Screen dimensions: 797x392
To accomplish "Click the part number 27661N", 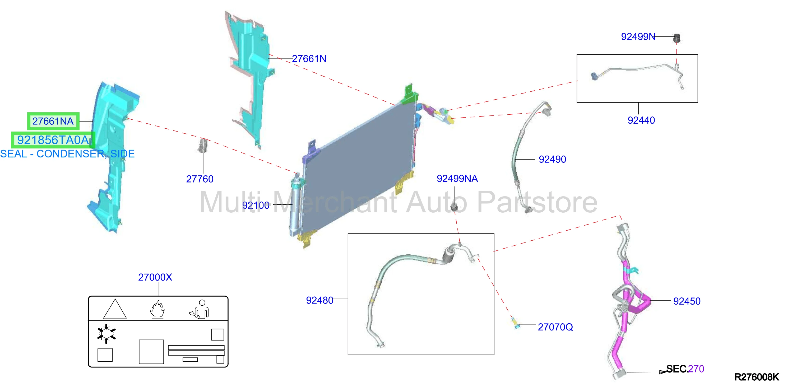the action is pyautogui.click(x=309, y=59).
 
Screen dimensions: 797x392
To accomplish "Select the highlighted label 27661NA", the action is pyautogui.click(x=53, y=121).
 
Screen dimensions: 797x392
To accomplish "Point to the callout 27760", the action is pyautogui.click(x=200, y=179).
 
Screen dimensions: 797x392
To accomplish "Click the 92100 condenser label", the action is pyautogui.click(x=256, y=205).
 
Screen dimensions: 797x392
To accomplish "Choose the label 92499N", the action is pyautogui.click(x=638, y=37).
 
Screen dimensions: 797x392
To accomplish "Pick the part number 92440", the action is pyautogui.click(x=641, y=120).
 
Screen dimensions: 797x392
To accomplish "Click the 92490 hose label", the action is pyautogui.click(x=552, y=159).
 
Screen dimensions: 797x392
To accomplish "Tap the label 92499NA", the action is pyautogui.click(x=457, y=178).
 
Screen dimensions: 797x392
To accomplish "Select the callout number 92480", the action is pyautogui.click(x=319, y=300).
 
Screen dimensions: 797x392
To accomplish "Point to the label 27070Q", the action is pyautogui.click(x=555, y=327).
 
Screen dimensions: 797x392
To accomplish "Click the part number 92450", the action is pyautogui.click(x=687, y=301).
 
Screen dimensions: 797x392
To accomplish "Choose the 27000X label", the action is pyautogui.click(x=155, y=277).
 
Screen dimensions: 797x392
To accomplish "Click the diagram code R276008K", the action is pyautogui.click(x=757, y=377).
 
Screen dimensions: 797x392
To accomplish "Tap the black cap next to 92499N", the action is pyautogui.click(x=677, y=38).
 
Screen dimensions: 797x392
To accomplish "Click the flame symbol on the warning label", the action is pyautogui.click(x=157, y=309).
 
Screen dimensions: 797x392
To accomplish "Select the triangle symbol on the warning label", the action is pyautogui.click(x=115, y=309).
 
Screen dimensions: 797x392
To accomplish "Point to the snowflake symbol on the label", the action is pyautogui.click(x=106, y=334).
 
